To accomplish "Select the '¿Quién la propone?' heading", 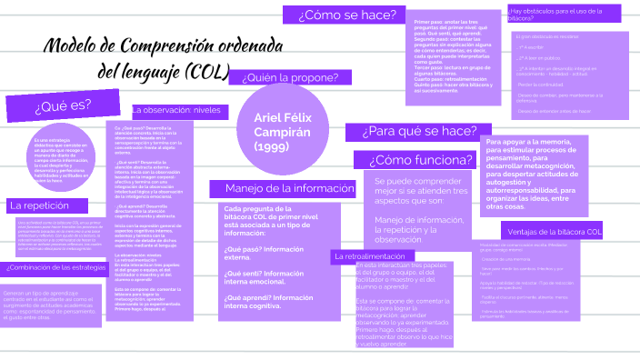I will point(291,77).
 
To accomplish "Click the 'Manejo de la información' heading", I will point(272,188).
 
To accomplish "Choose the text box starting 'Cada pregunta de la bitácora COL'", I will point(271,242).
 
